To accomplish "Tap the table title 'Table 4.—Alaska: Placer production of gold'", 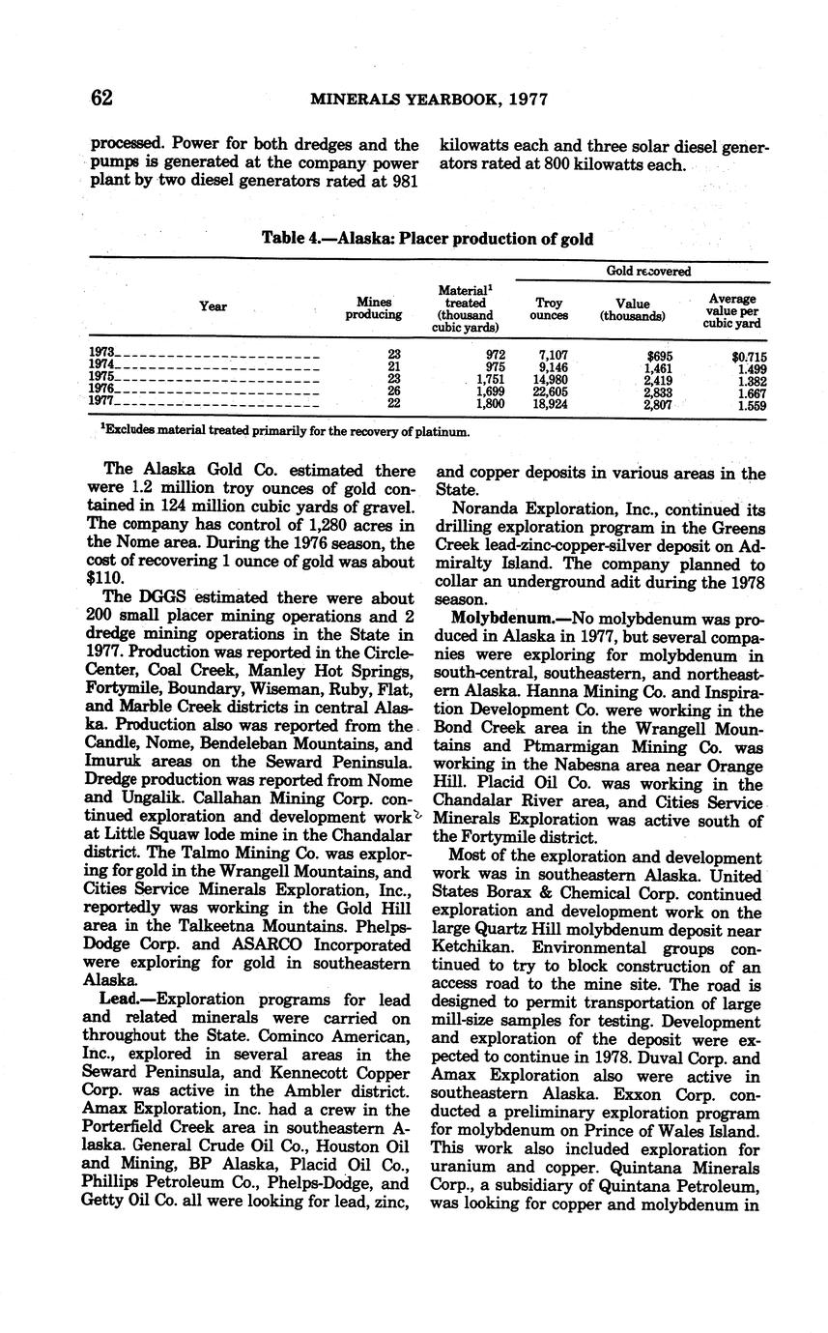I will click(x=427, y=238).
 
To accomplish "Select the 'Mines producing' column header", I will click(x=374, y=307).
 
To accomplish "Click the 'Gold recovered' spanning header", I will click(x=647, y=272).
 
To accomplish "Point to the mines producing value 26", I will click(x=393, y=391).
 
